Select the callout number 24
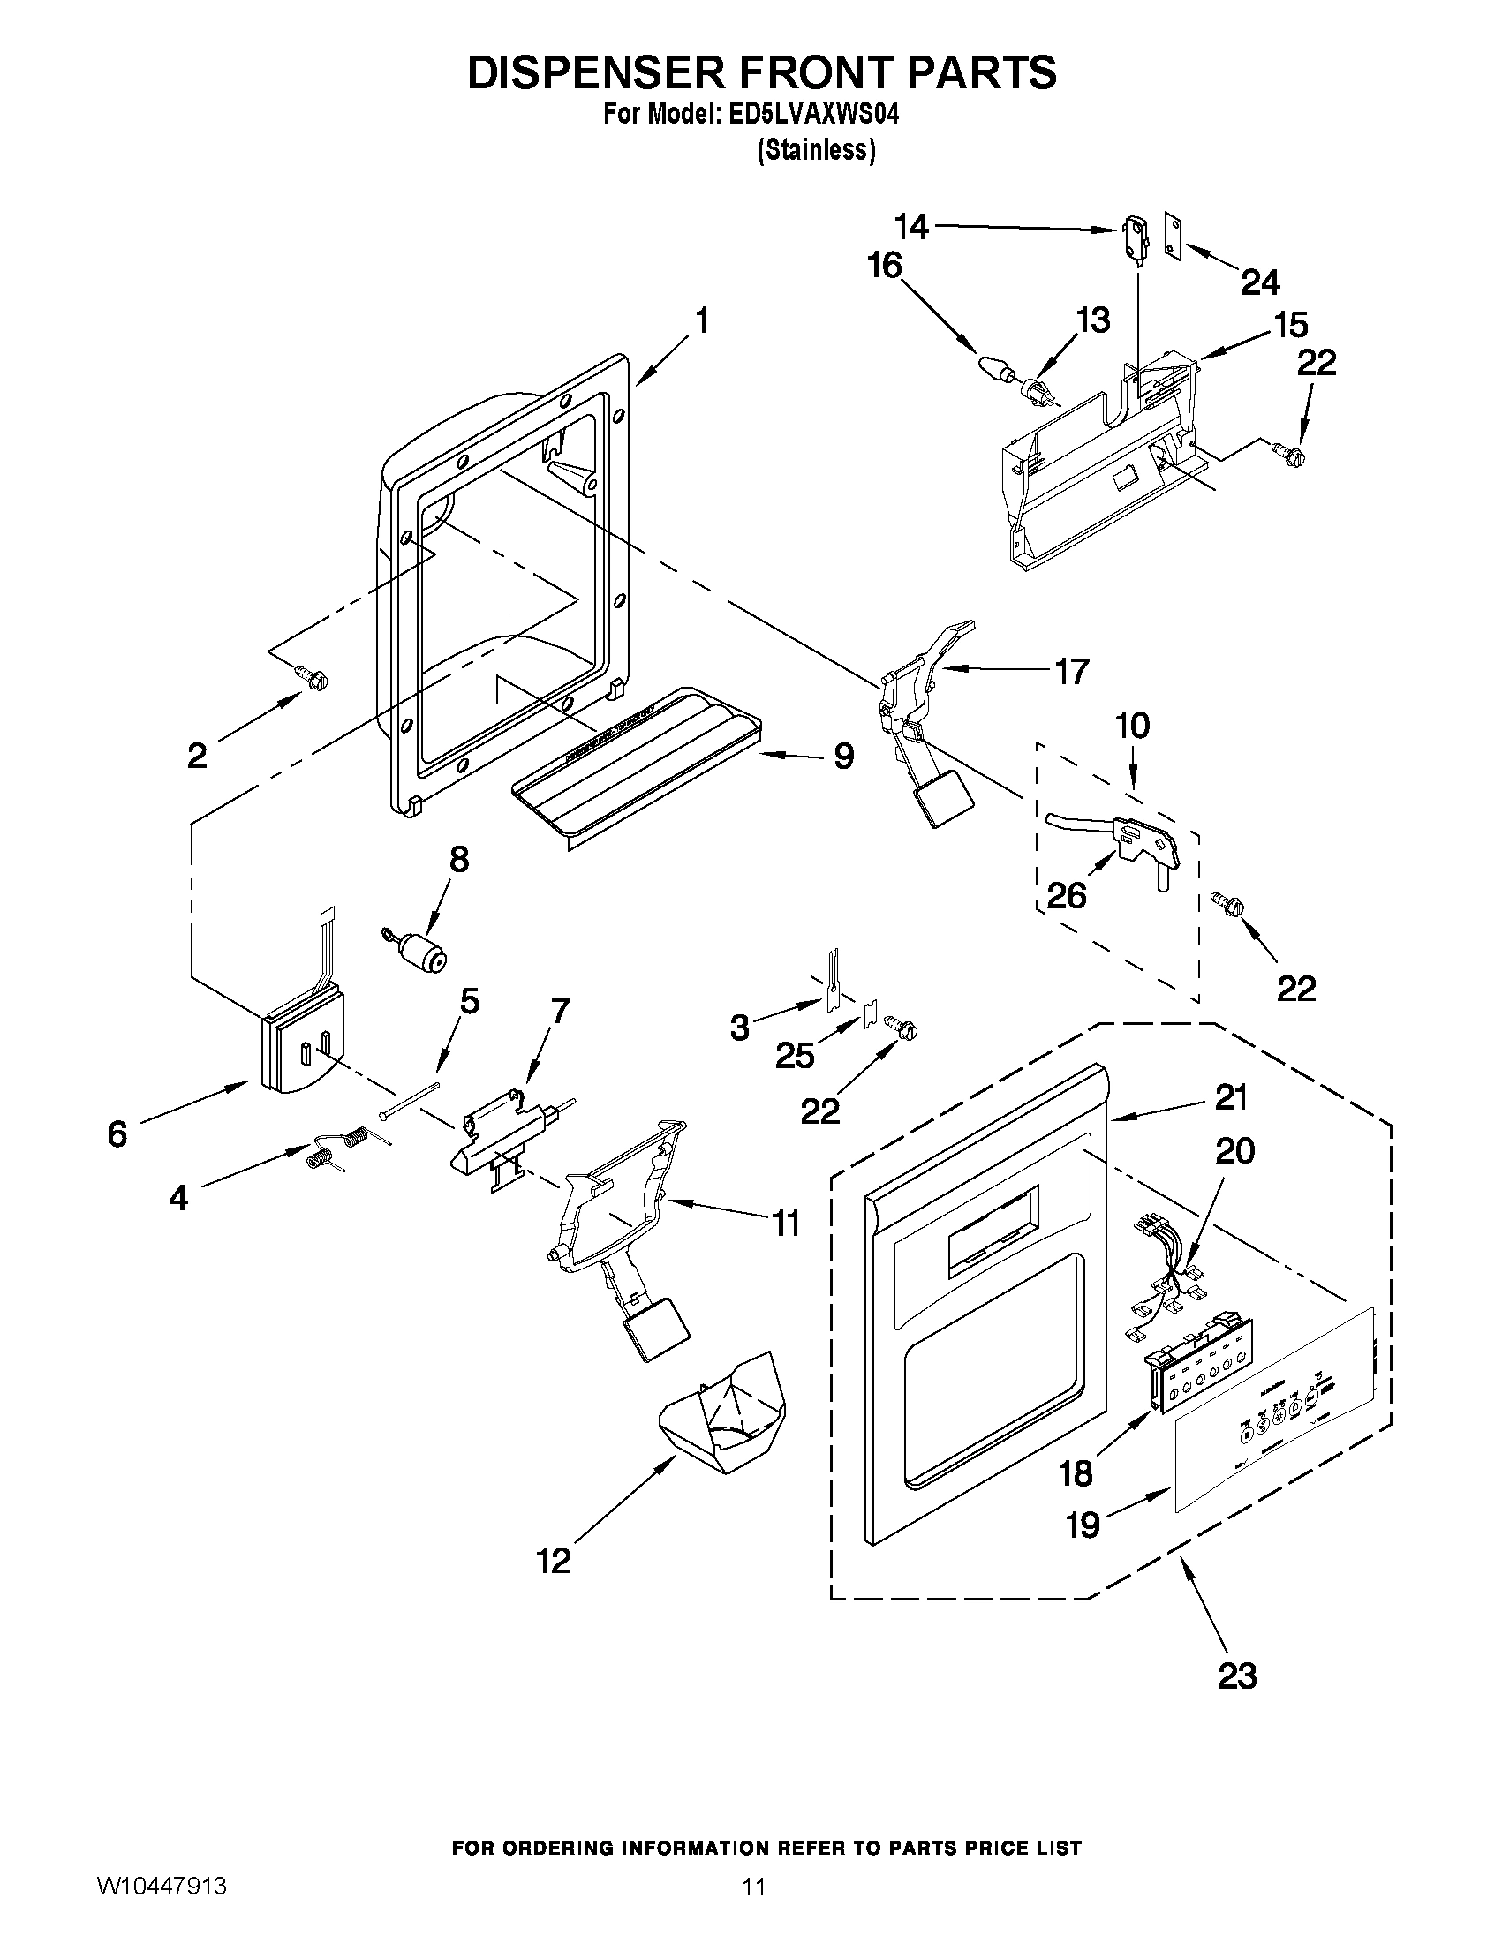click(x=1260, y=282)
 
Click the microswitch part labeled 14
click(x=1132, y=238)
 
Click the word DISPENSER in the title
click(x=606, y=73)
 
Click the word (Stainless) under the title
click(x=816, y=151)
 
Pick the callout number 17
click(x=1071, y=672)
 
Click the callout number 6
click(x=117, y=1134)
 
